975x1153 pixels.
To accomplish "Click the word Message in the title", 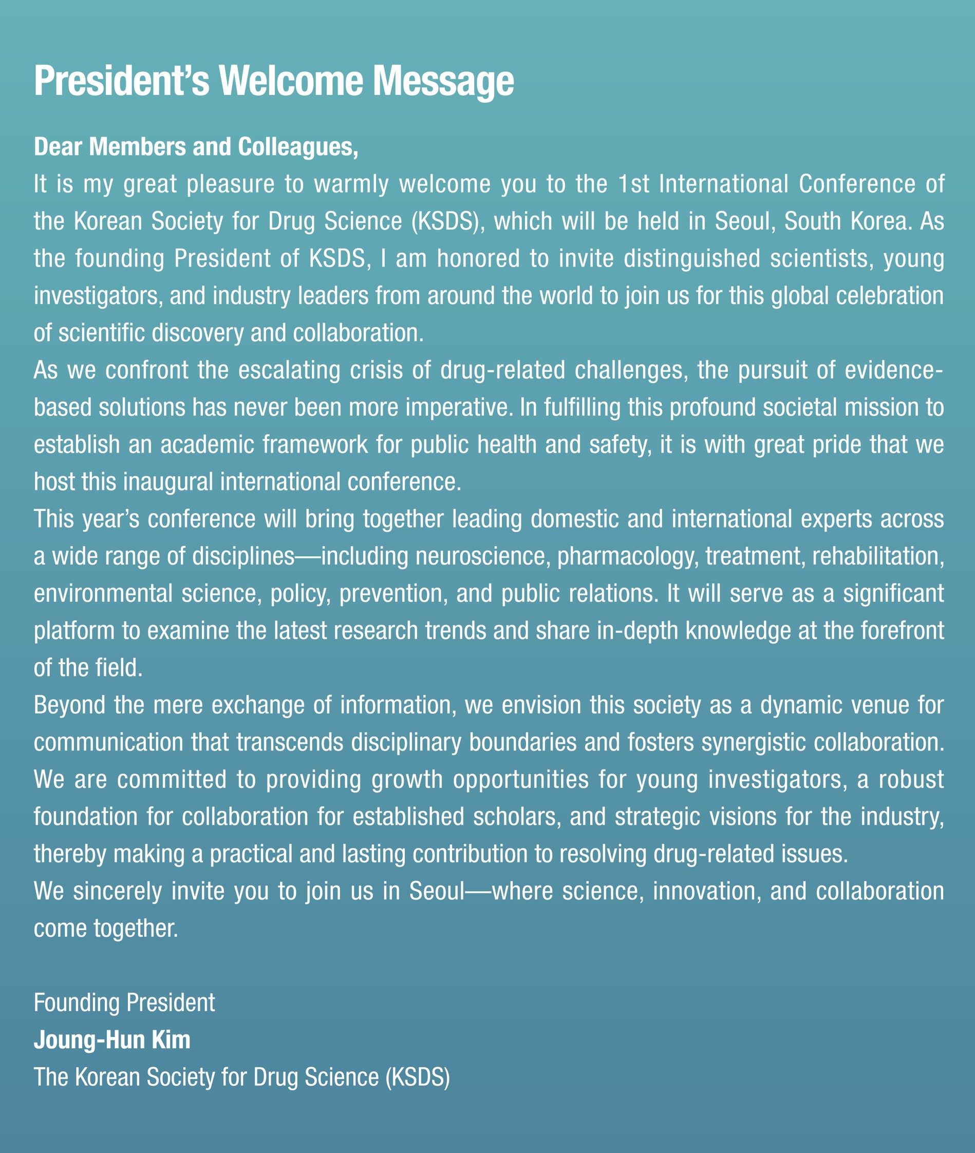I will pos(443,82).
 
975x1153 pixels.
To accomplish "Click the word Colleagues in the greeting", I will pos(298,147).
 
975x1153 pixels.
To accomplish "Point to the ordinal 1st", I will pos(633,184).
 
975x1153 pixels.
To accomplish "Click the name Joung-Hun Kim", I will pos(112,1039).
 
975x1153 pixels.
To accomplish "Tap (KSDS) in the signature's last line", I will pos(417,1077).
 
